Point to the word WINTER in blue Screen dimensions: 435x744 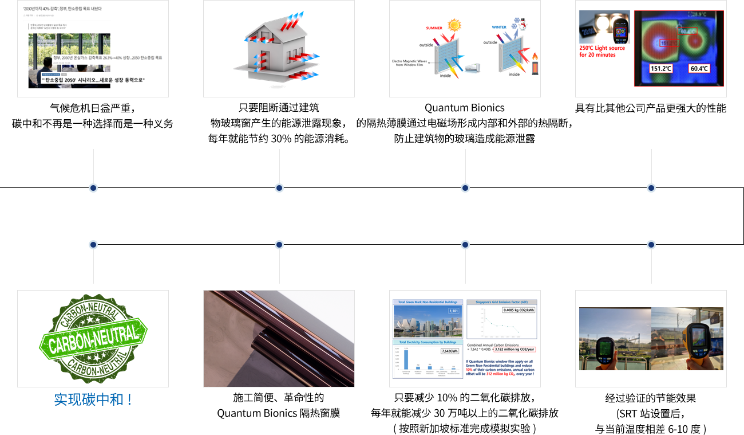point(499,27)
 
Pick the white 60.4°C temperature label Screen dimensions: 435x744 point(699,68)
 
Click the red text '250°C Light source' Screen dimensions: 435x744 point(602,48)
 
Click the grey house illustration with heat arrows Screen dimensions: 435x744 point(279,49)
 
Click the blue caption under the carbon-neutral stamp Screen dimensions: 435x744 point(93,399)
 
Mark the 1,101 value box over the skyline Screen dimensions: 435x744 point(454,311)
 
